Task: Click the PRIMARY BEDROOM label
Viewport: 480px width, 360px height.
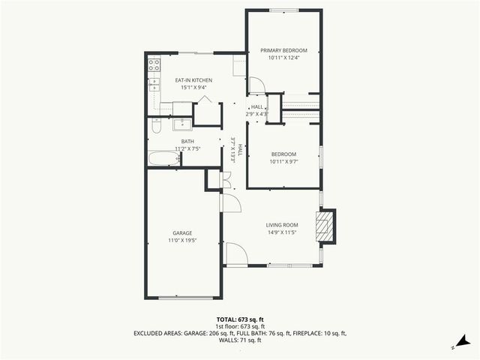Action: point(283,50)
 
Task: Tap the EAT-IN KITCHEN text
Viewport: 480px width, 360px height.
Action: point(193,80)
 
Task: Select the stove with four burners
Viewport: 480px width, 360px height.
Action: point(153,65)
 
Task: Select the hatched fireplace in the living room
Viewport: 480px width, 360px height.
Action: point(325,227)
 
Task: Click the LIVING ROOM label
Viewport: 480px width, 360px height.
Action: point(282,225)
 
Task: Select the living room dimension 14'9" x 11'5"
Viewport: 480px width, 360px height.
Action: point(282,232)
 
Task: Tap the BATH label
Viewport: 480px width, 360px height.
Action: point(187,141)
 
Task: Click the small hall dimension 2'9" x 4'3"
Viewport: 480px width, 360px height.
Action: point(257,114)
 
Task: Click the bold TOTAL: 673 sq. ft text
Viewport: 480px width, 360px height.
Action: point(239,319)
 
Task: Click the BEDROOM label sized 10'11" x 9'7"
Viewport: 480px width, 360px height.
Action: point(283,154)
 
